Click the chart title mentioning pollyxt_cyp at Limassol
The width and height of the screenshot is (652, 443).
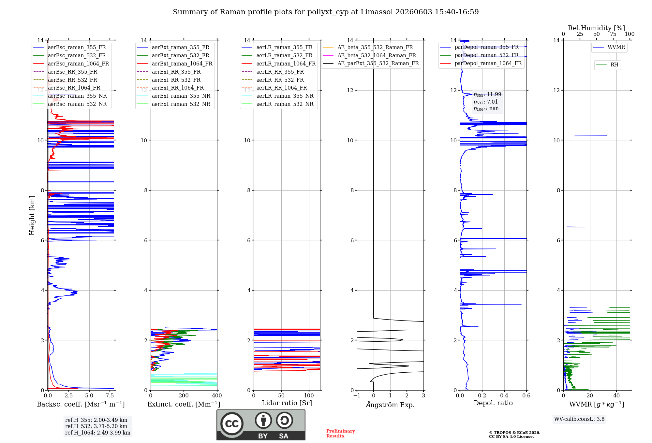coord(326,12)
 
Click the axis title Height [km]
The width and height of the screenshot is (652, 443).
coord(32,215)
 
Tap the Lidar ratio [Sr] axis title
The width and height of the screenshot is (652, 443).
coord(287,403)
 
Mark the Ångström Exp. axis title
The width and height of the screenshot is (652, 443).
coord(390,405)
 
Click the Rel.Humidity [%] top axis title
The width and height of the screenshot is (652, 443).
coord(597,28)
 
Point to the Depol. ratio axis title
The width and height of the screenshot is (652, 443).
coord(493,403)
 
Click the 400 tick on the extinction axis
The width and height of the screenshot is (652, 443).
coord(217,395)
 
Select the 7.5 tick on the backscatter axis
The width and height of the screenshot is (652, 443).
coord(110,395)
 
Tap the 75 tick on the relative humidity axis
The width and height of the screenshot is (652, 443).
coord(613,34)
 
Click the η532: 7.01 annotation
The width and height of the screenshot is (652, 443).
coord(486,102)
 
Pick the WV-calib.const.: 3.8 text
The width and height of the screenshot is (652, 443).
coord(579,419)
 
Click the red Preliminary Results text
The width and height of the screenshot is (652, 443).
coord(341,434)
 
